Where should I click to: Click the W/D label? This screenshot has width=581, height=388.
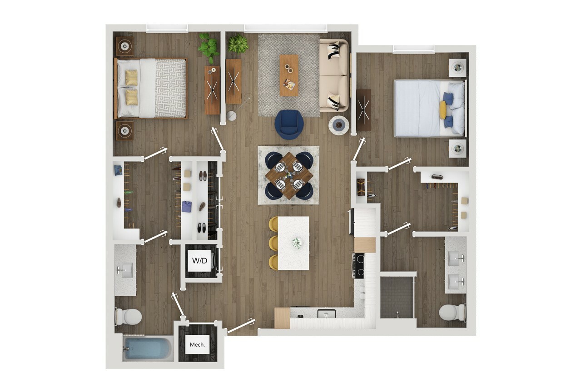pos(200,260)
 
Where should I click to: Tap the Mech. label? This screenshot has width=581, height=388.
pos(197,345)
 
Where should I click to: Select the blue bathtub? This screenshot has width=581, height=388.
pos(147,348)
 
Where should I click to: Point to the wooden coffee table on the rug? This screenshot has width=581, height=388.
pos(289,75)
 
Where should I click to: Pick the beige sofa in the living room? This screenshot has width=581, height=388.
pos(334,75)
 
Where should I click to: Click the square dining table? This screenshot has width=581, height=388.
pos(289,175)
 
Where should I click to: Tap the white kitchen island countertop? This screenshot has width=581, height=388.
pos(293,243)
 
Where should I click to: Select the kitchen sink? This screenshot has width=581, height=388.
pos(326,314)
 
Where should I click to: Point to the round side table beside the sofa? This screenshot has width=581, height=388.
pos(338,125)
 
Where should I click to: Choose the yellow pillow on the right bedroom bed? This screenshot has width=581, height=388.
pos(443,110)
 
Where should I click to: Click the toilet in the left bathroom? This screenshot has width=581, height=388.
pos(129,316)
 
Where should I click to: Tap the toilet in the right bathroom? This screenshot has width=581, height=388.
pos(452,312)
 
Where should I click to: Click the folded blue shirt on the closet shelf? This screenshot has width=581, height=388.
pos(186,207)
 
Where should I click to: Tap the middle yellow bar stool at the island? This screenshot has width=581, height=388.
pos(273,243)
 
